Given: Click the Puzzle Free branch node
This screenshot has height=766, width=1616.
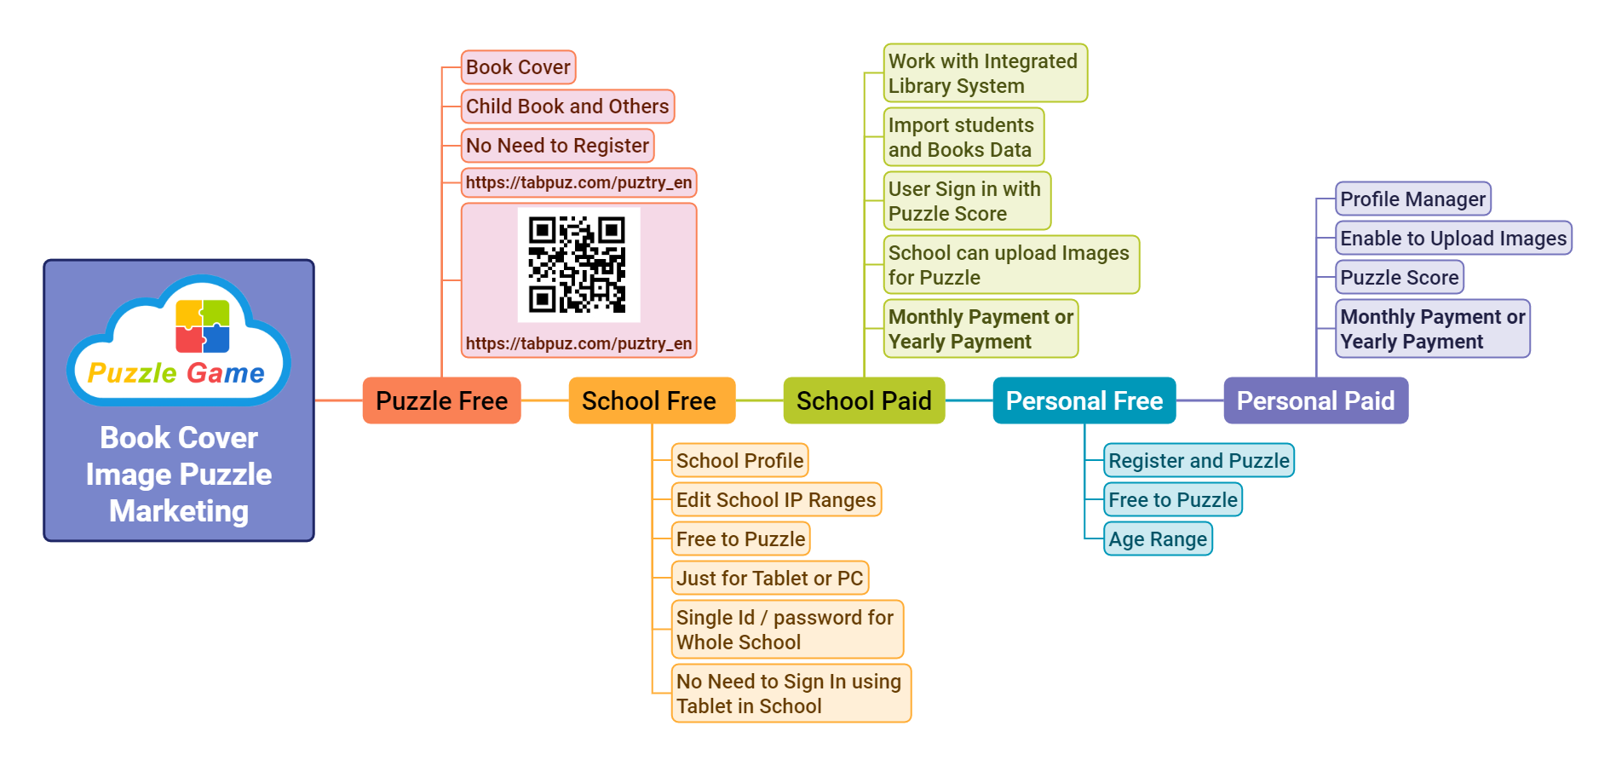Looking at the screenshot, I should pyautogui.click(x=441, y=400).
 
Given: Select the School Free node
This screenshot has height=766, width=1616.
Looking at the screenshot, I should pyautogui.click(x=651, y=400).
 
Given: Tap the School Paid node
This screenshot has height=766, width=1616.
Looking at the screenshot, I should pyautogui.click(x=864, y=400).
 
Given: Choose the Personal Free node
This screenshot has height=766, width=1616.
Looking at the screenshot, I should pyautogui.click(x=1084, y=400).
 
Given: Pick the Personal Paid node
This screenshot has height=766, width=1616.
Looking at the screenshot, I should pyautogui.click(x=1315, y=400).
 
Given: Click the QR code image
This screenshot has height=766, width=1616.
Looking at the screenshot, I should pyautogui.click(x=578, y=265).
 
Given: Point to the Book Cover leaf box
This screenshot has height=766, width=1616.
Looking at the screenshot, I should pyautogui.click(x=518, y=67).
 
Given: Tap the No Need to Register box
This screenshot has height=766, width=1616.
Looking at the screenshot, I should pyautogui.click(x=557, y=146).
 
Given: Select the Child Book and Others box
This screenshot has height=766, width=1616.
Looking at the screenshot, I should pyautogui.click(x=567, y=107).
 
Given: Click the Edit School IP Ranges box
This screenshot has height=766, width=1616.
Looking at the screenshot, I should pyautogui.click(x=775, y=500).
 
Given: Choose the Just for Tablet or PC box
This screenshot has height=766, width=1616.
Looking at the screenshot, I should pyautogui.click(x=769, y=579).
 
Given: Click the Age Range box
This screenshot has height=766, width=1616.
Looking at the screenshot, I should pyautogui.click(x=1158, y=539).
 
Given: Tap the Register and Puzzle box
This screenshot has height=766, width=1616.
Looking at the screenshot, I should pyautogui.click(x=1199, y=461).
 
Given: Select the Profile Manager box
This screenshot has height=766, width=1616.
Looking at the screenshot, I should pyautogui.click(x=1412, y=199).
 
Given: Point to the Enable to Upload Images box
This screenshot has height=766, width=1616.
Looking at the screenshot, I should pyautogui.click(x=1453, y=239).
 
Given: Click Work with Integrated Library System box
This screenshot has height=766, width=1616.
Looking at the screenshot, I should pyautogui.click(x=985, y=73).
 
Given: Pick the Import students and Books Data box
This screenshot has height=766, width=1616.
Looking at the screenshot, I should pyautogui.click(x=963, y=137).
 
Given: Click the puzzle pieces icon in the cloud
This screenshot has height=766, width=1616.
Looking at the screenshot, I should pyautogui.click(x=203, y=326).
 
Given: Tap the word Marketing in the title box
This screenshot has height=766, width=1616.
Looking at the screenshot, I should pyautogui.click(x=179, y=511).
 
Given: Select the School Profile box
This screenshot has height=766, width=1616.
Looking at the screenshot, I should pyautogui.click(x=739, y=461).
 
